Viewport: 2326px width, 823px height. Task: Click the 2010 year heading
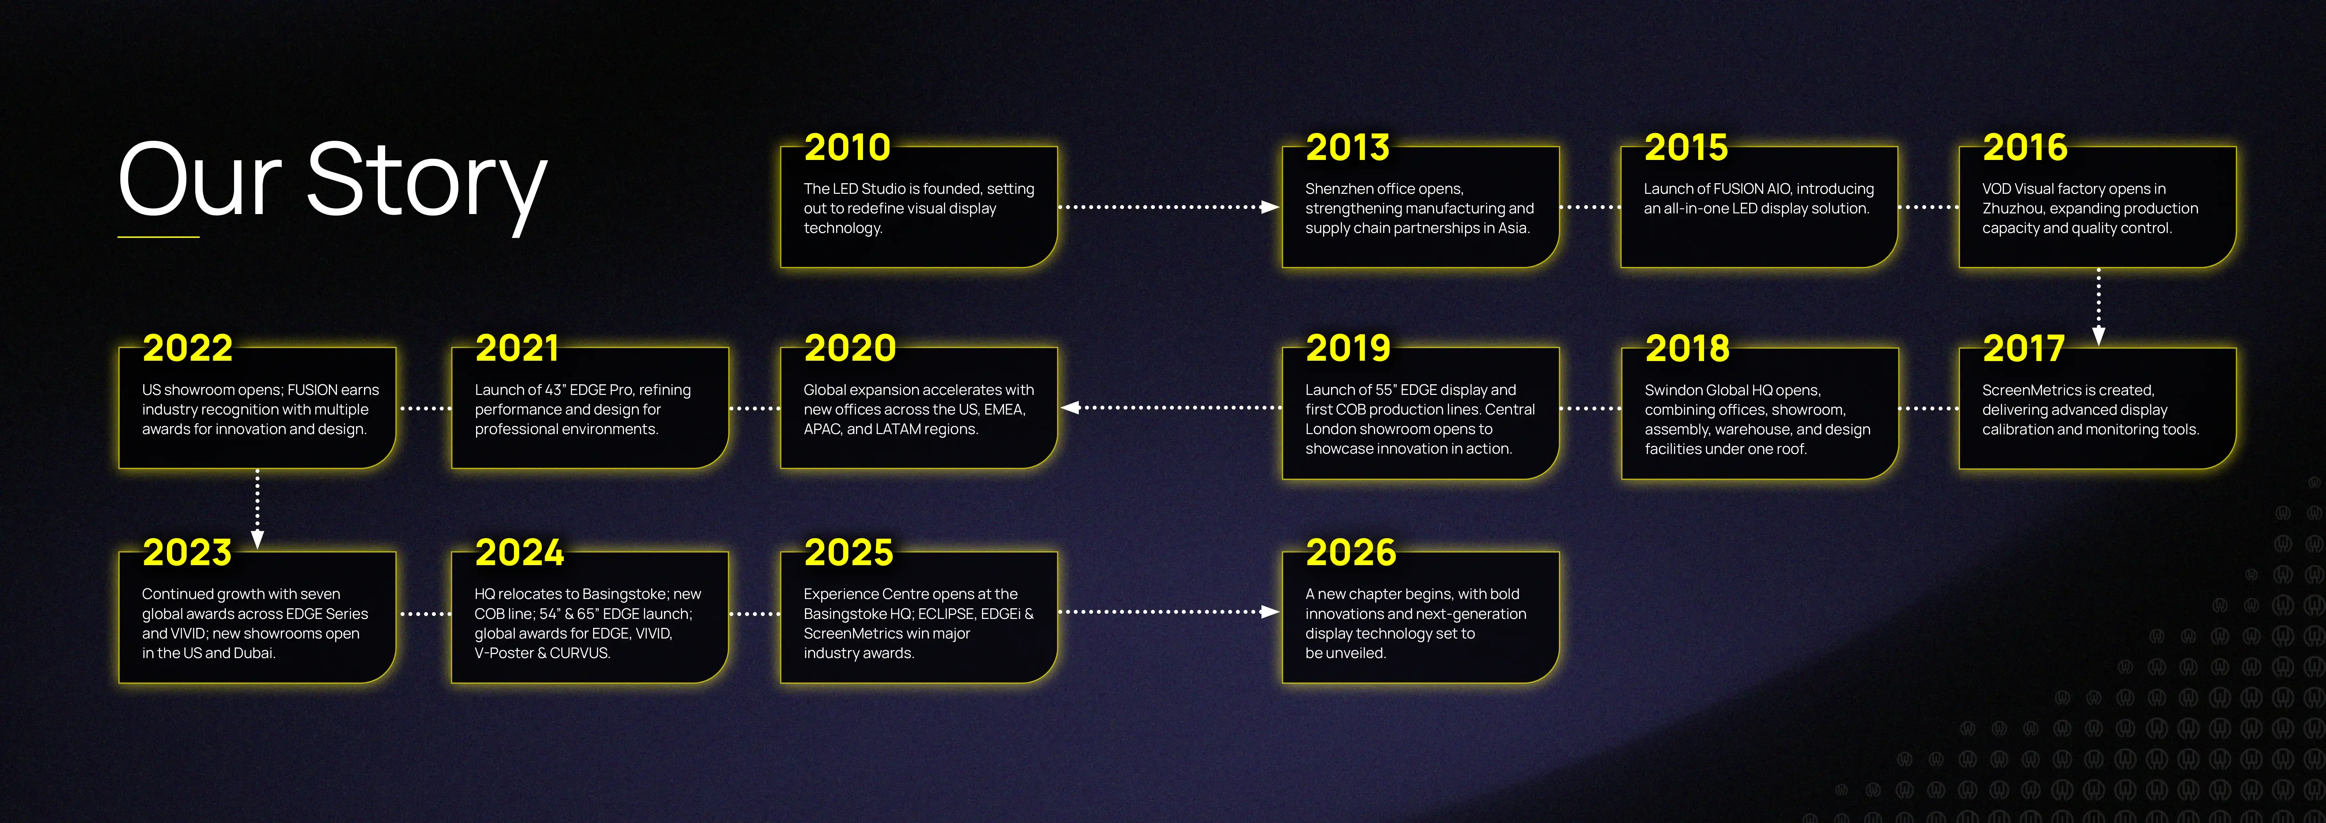(847, 147)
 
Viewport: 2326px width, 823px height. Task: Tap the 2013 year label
(1347, 147)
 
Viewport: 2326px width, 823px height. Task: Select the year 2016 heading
(2024, 147)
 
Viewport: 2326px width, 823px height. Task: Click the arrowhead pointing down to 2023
(257, 539)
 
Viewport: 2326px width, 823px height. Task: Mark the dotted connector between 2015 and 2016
(1928, 207)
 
